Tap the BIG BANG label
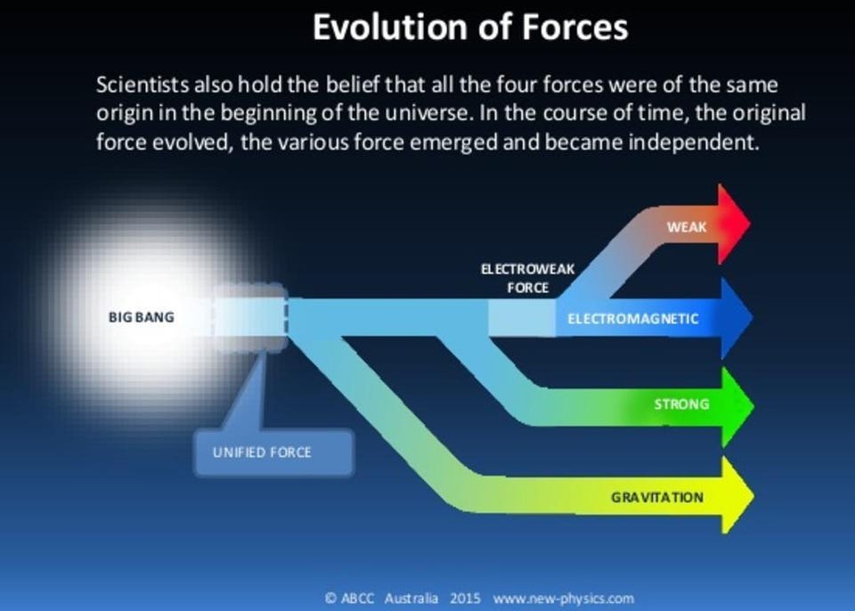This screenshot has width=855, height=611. (x=142, y=317)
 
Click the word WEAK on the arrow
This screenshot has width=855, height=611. (x=686, y=227)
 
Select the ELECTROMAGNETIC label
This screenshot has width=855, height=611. (x=632, y=319)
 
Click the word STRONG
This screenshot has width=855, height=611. (x=681, y=404)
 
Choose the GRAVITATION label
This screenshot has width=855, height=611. (x=656, y=497)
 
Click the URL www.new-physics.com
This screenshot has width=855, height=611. (x=563, y=599)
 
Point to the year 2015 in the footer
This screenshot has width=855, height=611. (x=466, y=599)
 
